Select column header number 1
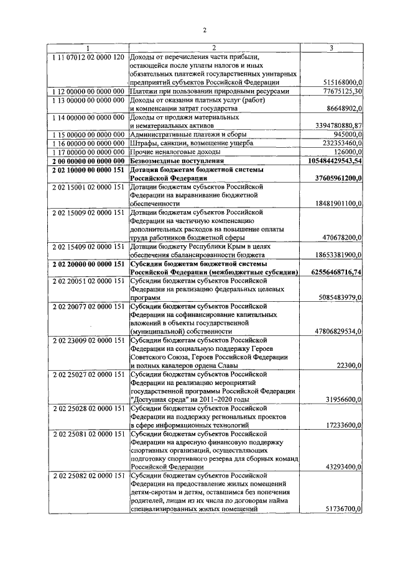click(88, 48)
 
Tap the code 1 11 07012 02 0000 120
click(88, 57)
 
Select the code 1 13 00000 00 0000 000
click(88, 99)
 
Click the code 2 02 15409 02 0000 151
click(88, 246)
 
